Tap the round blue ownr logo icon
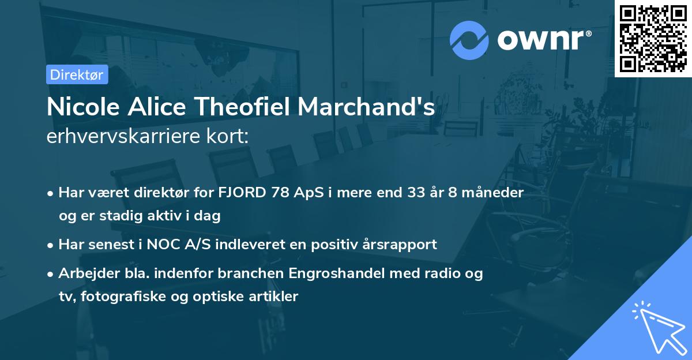469,40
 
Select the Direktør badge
77,74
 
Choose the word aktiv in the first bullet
161,216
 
